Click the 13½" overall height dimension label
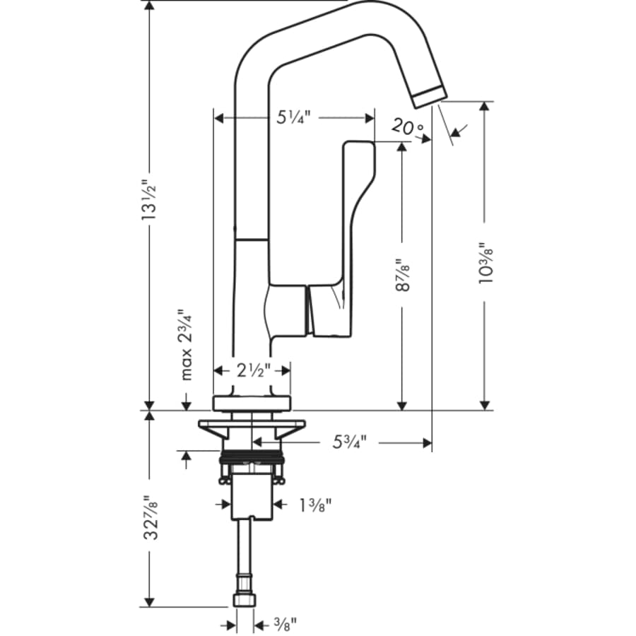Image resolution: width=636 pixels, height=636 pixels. (149, 200)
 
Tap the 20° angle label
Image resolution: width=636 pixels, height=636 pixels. (408, 127)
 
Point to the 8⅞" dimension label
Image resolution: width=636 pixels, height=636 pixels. (402, 273)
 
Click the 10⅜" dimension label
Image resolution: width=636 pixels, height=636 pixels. (485, 262)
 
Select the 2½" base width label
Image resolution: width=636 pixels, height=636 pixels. (252, 370)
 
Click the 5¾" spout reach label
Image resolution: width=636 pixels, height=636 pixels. (350, 443)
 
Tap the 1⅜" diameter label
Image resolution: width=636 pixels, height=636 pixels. (314, 505)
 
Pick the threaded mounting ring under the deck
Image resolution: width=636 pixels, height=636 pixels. (252, 457)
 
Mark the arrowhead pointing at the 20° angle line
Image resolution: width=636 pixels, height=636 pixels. (456, 131)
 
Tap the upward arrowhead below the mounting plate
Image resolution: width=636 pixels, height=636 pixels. (187, 458)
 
